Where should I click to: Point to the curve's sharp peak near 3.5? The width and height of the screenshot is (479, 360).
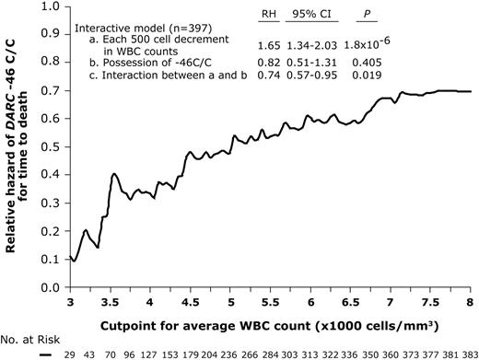(x=113, y=174)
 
